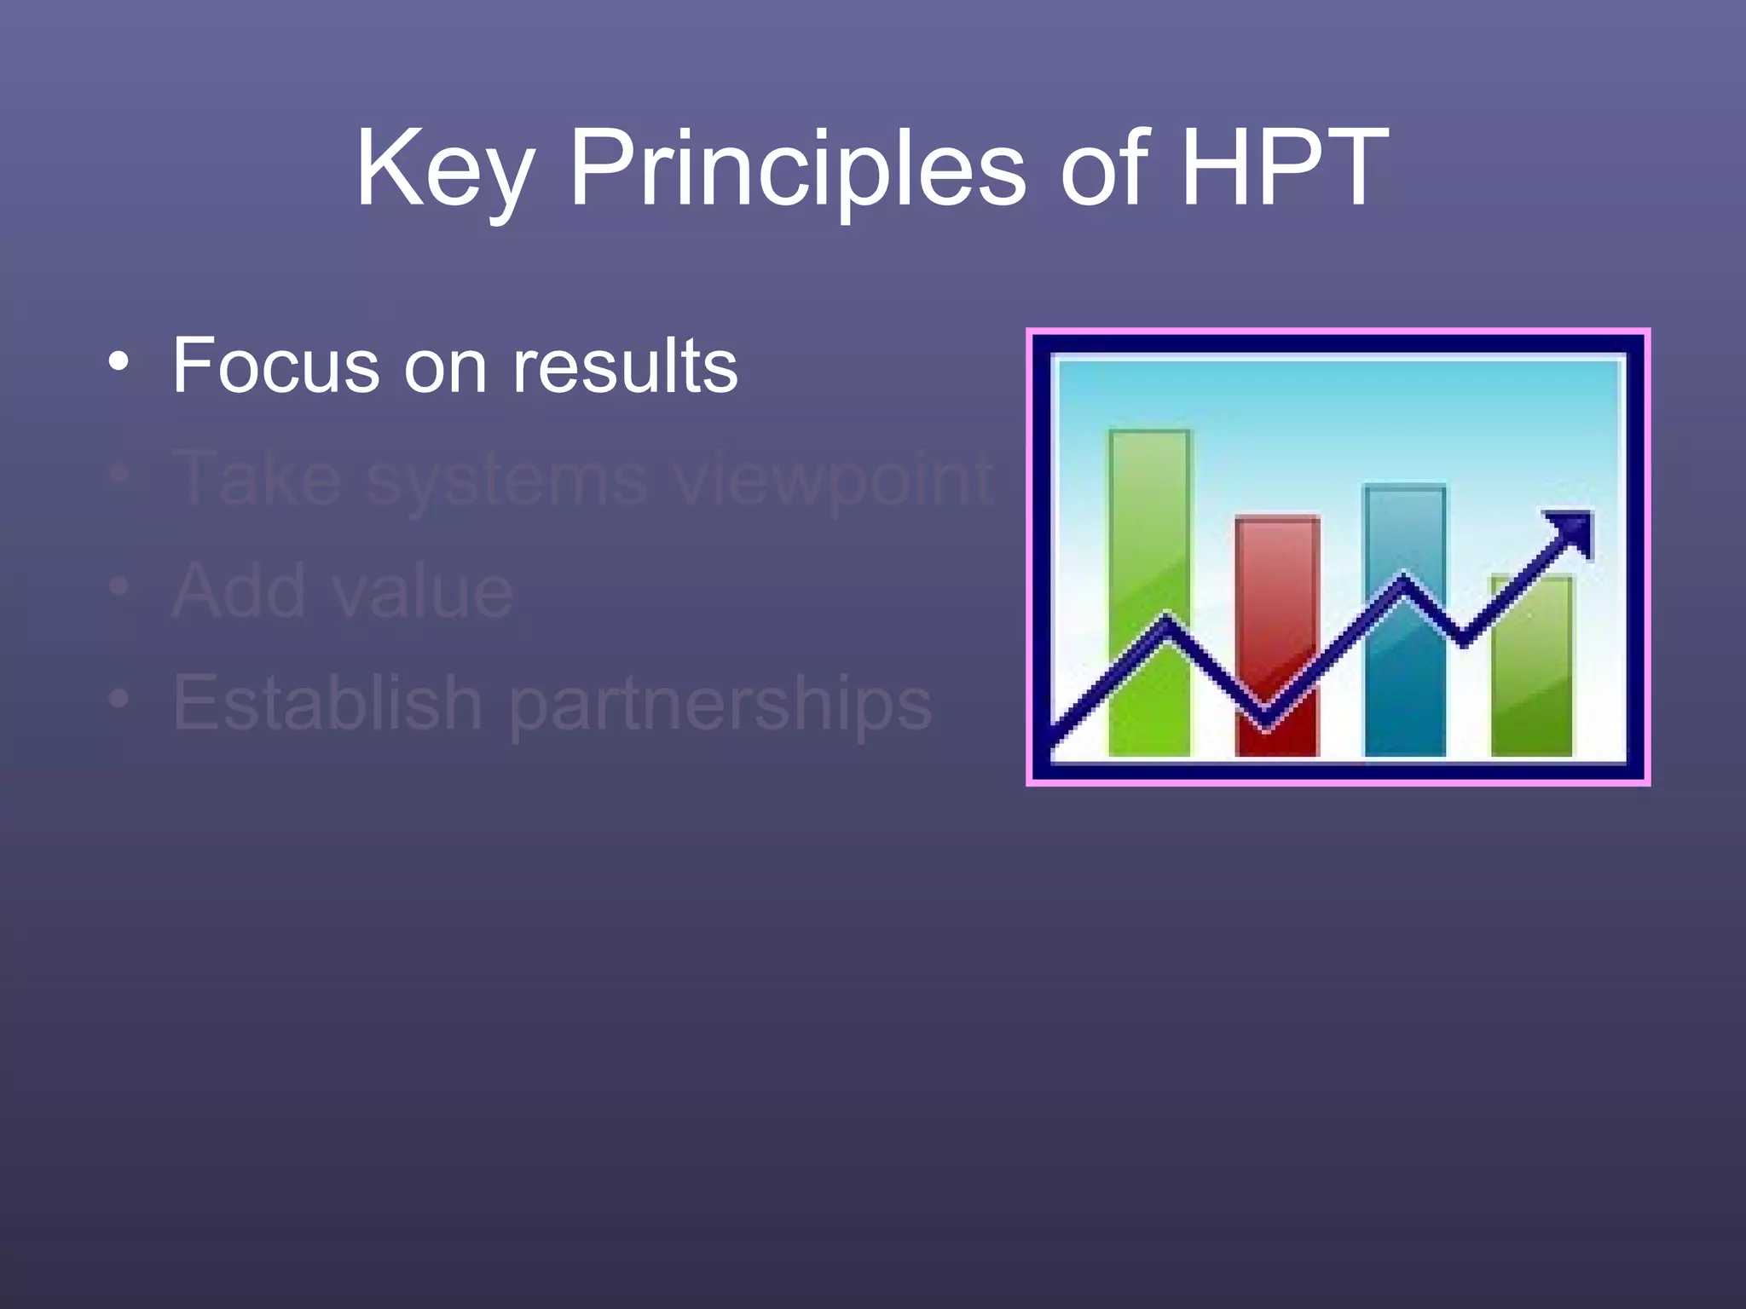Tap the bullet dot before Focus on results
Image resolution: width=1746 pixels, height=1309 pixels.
(119, 361)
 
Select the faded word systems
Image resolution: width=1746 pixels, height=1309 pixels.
(506, 479)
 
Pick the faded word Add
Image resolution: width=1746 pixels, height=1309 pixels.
(239, 591)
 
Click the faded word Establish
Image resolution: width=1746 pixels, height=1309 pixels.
(328, 703)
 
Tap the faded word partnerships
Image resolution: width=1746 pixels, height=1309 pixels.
(720, 706)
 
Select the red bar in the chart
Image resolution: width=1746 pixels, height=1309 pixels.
(1277, 597)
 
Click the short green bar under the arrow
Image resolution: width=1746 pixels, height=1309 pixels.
(1532, 682)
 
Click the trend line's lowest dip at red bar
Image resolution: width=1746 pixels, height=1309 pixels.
(1266, 720)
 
